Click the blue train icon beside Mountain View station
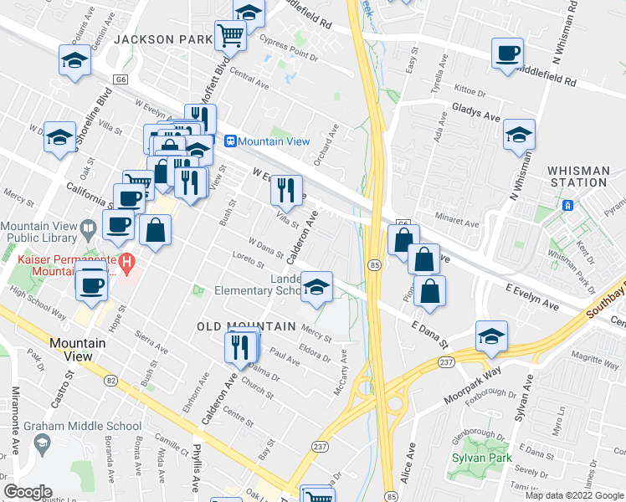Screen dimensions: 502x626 click(x=230, y=142)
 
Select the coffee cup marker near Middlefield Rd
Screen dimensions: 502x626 click(x=506, y=55)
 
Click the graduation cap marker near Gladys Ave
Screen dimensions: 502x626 click(x=519, y=135)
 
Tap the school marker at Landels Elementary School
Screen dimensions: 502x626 click(x=316, y=288)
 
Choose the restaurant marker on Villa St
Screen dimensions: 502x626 click(x=286, y=191)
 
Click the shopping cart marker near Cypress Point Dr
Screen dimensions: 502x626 click(x=230, y=36)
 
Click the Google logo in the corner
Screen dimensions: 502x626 click(x=28, y=492)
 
